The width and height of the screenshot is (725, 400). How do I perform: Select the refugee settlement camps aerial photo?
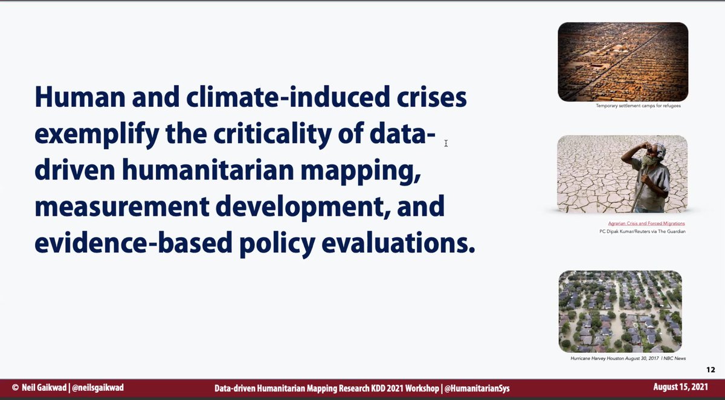[623, 62]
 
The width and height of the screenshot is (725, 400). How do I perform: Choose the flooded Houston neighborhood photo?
[620, 311]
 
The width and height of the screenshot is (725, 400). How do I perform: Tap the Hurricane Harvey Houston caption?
[628, 358]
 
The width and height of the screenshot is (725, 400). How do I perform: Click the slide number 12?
[710, 370]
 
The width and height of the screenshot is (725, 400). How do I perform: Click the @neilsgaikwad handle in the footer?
[97, 387]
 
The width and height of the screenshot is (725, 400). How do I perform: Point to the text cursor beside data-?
[446, 143]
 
